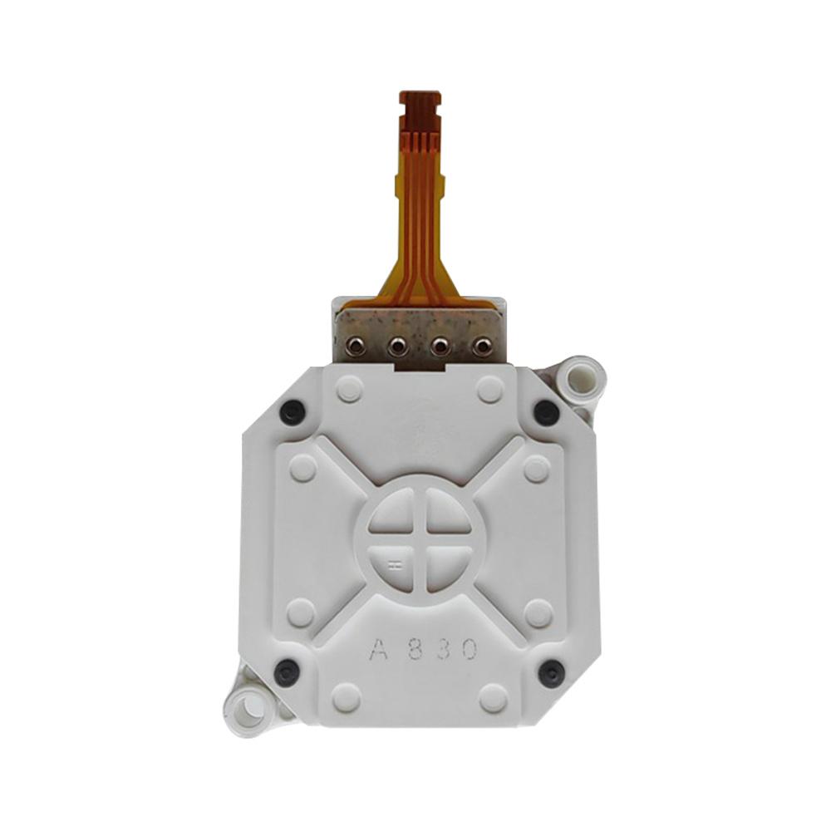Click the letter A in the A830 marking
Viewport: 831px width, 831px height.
(x=379, y=649)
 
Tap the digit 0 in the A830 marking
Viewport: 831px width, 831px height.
(x=469, y=649)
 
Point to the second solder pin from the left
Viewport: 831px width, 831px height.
(x=397, y=347)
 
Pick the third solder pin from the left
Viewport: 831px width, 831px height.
(x=440, y=347)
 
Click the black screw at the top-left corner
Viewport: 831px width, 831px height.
(x=292, y=412)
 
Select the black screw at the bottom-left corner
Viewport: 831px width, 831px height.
(x=287, y=671)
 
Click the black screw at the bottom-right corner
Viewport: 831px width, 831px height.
(x=551, y=673)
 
